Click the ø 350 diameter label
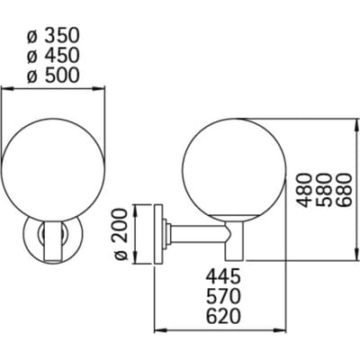tap(53, 36)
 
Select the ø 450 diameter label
tap(53, 56)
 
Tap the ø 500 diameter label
tap(53, 75)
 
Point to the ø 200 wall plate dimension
tap(121, 234)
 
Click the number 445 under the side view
tap(223, 276)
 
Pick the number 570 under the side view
tap(223, 296)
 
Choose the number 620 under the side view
tap(223, 316)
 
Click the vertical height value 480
tap(302, 190)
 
